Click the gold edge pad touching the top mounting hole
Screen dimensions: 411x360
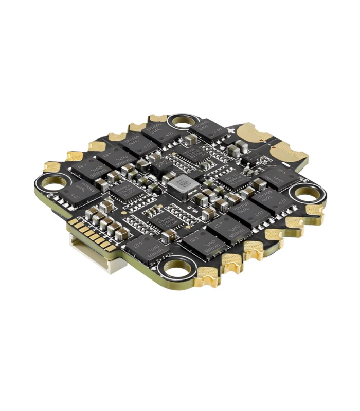tap(157, 119)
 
